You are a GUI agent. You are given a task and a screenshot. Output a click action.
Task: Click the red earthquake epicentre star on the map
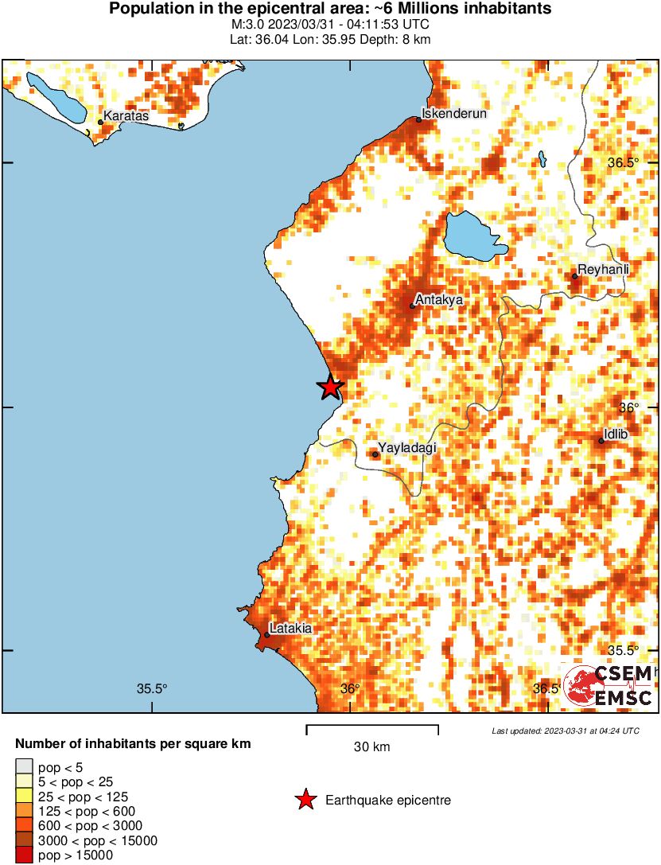[x=330, y=387]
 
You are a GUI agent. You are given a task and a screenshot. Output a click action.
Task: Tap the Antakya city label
[x=440, y=300]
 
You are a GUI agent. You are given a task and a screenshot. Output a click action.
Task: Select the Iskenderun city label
[x=453, y=114]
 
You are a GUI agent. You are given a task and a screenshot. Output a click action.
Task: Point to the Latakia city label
[x=290, y=629]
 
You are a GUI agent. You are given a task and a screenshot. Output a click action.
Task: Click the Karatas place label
[x=126, y=116]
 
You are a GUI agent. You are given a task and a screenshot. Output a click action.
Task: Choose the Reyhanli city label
[x=603, y=270]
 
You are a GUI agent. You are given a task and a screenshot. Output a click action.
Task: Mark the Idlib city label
[x=616, y=434]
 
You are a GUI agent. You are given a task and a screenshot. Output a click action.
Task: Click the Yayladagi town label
[x=408, y=448]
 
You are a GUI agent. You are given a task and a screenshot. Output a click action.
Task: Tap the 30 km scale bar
[x=372, y=727]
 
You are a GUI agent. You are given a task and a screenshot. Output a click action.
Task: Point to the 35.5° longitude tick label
[x=151, y=689]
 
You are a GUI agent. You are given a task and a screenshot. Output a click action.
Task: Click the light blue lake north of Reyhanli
[x=473, y=236]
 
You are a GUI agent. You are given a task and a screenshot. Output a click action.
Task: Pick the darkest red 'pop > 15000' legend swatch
[x=25, y=855]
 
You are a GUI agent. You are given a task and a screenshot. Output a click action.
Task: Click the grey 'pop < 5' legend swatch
[x=25, y=766]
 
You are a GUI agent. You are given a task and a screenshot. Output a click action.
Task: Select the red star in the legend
[x=305, y=800]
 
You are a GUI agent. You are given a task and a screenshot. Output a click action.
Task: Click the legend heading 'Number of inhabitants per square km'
[x=134, y=745]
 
